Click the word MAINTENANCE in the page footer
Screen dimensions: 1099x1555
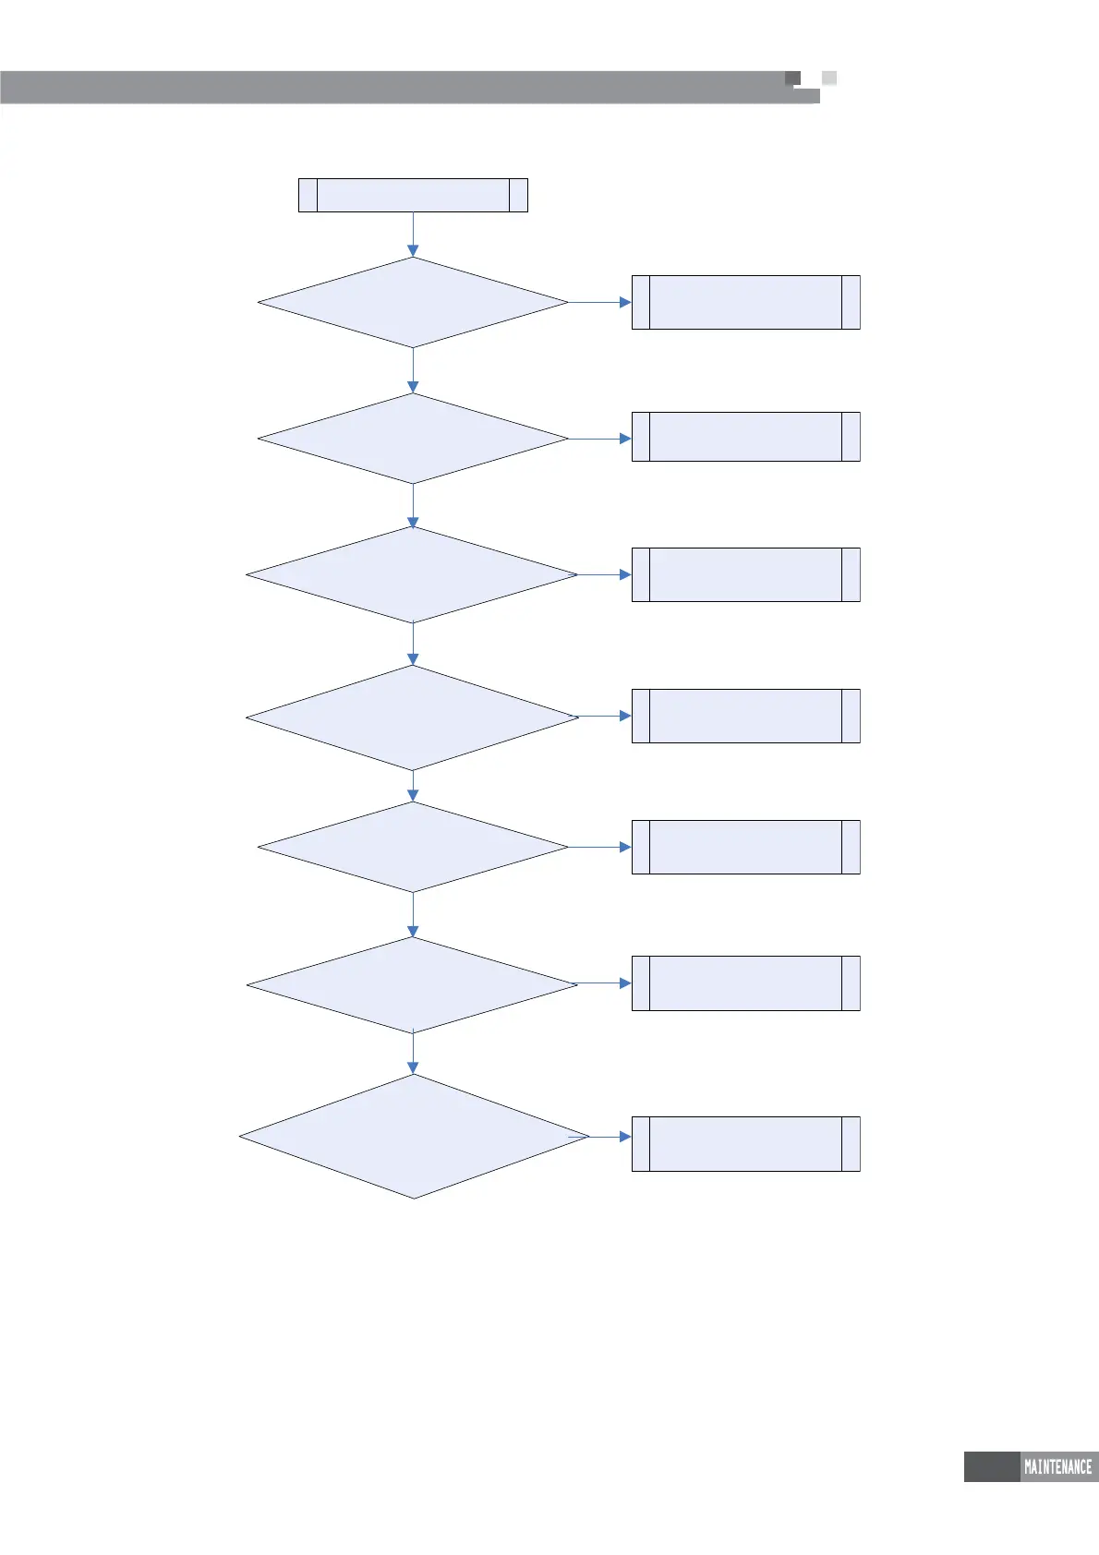click(x=1057, y=1466)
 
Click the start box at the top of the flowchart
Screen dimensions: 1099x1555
click(x=413, y=196)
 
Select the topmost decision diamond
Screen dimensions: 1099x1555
click(x=413, y=302)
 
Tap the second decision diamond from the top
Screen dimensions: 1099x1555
click(x=413, y=439)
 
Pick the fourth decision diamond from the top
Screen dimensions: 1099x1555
click(x=413, y=717)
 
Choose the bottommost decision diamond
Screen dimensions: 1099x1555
click(x=413, y=1136)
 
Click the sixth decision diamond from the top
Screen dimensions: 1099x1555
click(x=413, y=985)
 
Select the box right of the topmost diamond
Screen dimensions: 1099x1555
click(x=745, y=302)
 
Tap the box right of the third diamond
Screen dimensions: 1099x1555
click(x=745, y=574)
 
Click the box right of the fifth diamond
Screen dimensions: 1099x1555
click(x=745, y=847)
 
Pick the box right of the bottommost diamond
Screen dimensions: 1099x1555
click(x=745, y=1144)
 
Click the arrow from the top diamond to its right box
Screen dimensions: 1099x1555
click(x=599, y=302)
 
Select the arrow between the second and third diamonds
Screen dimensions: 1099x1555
click(x=413, y=505)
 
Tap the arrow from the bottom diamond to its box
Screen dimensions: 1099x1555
click(x=610, y=1137)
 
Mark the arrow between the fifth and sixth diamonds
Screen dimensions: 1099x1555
click(x=413, y=915)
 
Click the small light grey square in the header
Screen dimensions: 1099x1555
click(x=829, y=78)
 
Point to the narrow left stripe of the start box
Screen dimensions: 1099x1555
click(x=308, y=196)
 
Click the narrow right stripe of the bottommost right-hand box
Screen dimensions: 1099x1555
click(x=851, y=1144)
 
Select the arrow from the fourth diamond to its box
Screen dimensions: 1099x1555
click(x=605, y=716)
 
